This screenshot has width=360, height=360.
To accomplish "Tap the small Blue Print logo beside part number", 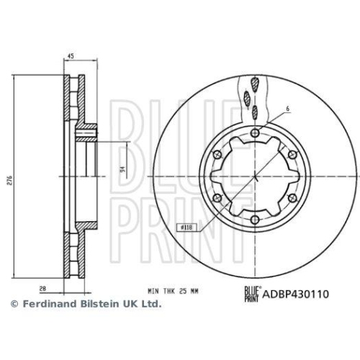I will [250, 293].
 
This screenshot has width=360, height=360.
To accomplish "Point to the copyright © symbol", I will [13, 305].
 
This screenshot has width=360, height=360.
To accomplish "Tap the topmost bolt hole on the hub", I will [256, 132].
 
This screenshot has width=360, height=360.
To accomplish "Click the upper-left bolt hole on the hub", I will [217, 154].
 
